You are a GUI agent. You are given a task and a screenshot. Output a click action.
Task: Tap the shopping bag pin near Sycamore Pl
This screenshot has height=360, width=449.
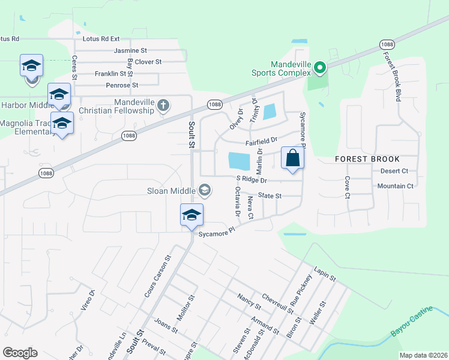point(292,158)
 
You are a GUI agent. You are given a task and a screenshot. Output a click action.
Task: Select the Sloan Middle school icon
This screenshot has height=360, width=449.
point(204,191)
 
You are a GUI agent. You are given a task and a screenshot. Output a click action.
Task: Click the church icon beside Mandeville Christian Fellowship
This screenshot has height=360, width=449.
point(162,106)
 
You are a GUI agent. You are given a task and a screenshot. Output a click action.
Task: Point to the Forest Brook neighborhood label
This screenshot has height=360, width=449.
point(367,159)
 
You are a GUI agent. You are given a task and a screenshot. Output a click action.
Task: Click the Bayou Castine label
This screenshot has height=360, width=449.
point(412,332)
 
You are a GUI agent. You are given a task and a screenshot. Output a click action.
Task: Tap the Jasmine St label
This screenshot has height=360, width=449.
point(130,51)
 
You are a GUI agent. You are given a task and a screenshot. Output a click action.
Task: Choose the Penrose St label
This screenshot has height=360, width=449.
point(122,85)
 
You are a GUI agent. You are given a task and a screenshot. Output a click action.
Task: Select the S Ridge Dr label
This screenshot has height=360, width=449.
point(251,180)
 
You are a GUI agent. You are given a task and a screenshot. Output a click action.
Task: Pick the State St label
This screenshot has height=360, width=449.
point(270,196)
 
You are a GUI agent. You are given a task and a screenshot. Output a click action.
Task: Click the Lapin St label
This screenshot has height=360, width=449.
point(324,271)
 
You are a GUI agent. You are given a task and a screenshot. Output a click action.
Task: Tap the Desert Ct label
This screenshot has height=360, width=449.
point(394,171)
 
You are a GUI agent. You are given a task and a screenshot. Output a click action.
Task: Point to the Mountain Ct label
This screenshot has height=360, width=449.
point(395,186)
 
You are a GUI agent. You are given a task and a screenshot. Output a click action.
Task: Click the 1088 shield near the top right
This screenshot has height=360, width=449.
point(387,44)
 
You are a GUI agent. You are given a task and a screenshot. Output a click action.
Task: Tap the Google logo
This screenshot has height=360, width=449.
point(20,353)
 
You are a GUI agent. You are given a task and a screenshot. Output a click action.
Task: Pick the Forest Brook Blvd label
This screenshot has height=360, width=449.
point(397,76)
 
